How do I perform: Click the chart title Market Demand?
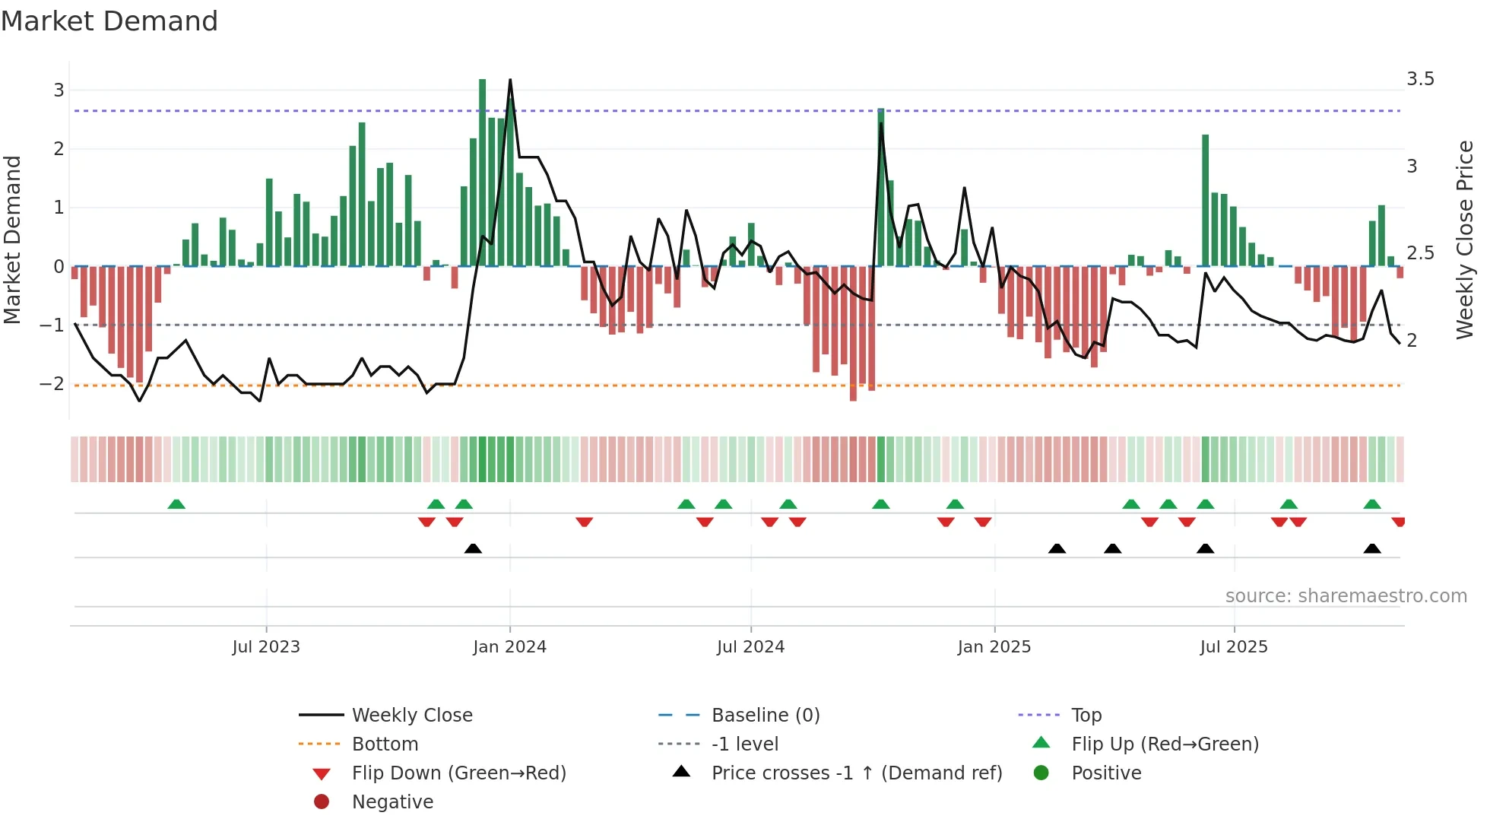(x=109, y=21)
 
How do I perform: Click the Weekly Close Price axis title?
(x=1464, y=240)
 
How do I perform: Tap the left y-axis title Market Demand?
(x=13, y=240)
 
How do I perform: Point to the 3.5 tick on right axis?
(x=1420, y=79)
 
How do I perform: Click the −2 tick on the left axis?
(x=52, y=384)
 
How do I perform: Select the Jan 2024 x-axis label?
(x=509, y=647)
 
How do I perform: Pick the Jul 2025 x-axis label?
(x=1234, y=647)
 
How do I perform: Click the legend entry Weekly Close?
(x=411, y=716)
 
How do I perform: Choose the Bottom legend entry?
(x=385, y=744)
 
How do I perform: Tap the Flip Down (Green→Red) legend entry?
(x=458, y=773)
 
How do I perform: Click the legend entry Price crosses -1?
(x=856, y=773)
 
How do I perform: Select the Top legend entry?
(x=1086, y=716)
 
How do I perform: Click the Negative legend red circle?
(x=322, y=802)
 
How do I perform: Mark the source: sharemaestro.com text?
(x=1346, y=596)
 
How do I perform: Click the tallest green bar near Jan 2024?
(x=483, y=171)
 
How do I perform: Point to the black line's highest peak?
(x=510, y=80)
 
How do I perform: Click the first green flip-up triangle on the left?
(x=176, y=504)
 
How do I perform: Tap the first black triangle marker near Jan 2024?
(x=473, y=548)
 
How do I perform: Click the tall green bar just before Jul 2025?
(x=1206, y=199)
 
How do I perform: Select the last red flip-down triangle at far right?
(x=1398, y=522)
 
